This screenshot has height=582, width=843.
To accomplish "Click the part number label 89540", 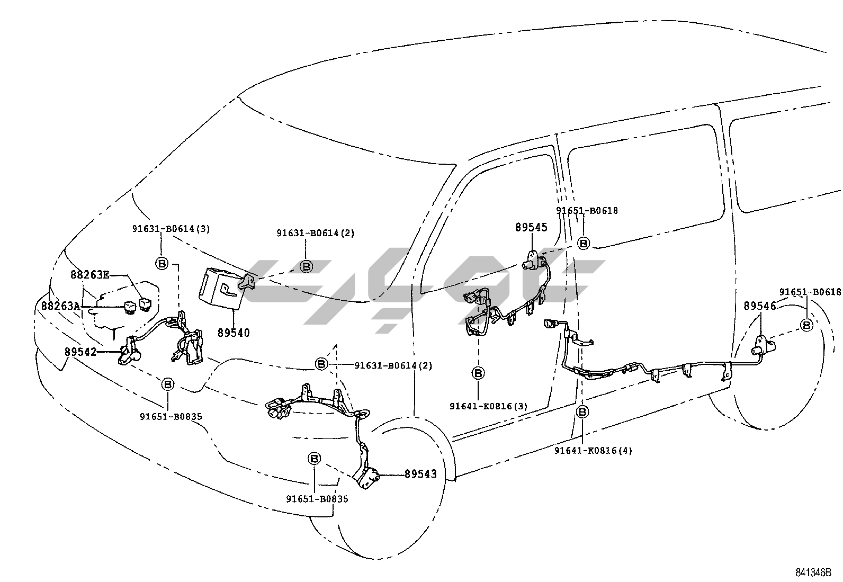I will [x=234, y=333].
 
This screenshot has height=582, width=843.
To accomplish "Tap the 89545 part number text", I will [x=531, y=228].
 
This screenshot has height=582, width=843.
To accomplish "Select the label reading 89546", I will [x=760, y=306].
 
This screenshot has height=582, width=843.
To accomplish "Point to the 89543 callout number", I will [x=421, y=473].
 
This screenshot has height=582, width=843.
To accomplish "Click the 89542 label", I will [x=81, y=351].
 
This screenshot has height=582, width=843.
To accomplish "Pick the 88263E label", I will [x=90, y=274].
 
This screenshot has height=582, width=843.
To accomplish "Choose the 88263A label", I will [x=61, y=306].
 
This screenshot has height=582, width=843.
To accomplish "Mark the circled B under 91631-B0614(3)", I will [x=162, y=263].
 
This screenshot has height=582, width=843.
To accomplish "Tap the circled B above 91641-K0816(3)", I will [x=478, y=373].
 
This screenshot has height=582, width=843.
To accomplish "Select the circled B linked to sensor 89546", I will [x=806, y=325].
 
